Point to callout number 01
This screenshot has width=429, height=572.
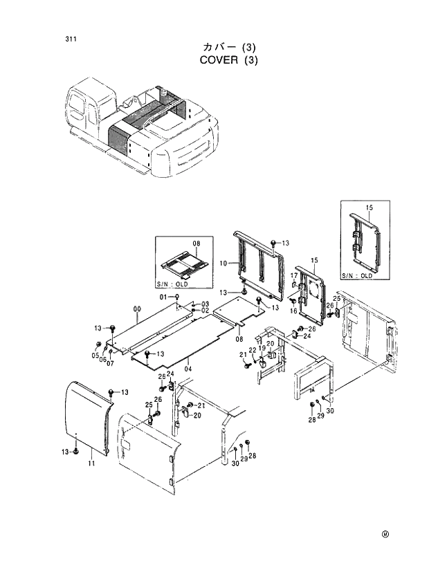pos(165,297)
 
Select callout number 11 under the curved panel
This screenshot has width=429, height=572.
pos(91,463)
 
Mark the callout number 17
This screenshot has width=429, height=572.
pos(293,276)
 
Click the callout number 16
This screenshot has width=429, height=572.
pos(293,311)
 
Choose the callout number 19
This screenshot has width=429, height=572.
pos(262,349)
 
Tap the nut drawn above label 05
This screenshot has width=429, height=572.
pos(99,344)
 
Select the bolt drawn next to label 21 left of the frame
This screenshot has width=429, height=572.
pos(246,365)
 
